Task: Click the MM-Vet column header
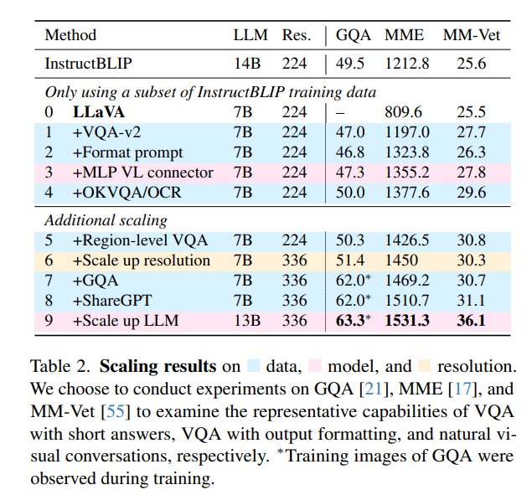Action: click(472, 35)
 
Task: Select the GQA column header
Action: click(354, 35)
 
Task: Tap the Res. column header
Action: click(297, 35)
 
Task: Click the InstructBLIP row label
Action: click(88, 64)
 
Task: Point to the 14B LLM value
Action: click(247, 64)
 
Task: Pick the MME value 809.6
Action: click(404, 112)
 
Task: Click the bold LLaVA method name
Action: click(99, 112)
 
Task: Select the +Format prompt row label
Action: click(127, 152)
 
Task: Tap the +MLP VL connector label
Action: click(142, 173)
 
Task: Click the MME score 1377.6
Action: click(407, 193)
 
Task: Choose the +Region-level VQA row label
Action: click(140, 240)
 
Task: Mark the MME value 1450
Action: click(401, 260)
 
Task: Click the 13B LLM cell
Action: click(247, 321)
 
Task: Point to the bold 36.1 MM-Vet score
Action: click(472, 321)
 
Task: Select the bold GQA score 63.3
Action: click(350, 321)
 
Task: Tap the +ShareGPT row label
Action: click(112, 301)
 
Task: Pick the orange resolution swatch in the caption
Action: click(425, 366)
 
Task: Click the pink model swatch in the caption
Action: click(315, 366)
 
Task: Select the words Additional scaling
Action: click(106, 220)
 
